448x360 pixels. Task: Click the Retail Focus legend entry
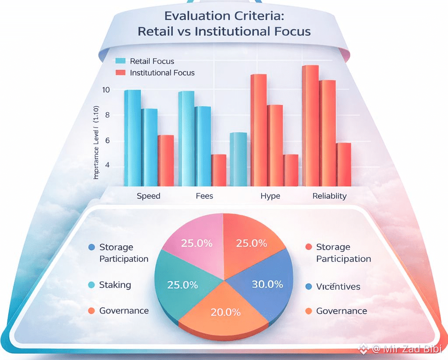[x=152, y=61]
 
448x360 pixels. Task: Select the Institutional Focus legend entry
[x=162, y=73]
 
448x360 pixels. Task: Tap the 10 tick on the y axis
[x=106, y=90]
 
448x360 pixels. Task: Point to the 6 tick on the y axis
[x=107, y=141]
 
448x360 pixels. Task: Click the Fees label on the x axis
[x=204, y=196]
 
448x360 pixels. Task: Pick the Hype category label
[x=270, y=196]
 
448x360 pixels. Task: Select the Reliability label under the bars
[x=329, y=196]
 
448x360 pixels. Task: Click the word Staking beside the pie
[x=115, y=285]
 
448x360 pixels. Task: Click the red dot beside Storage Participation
[x=308, y=247]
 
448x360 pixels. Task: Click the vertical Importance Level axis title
[x=97, y=149]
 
